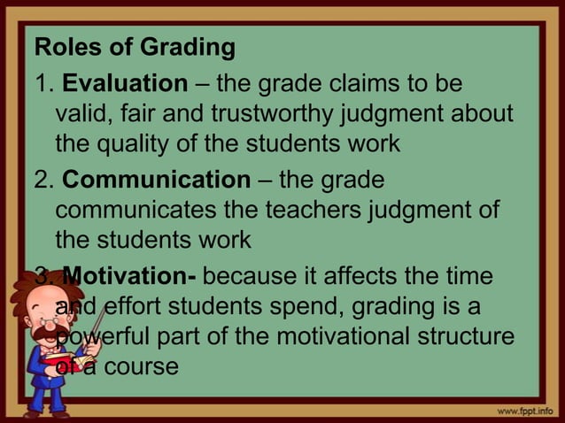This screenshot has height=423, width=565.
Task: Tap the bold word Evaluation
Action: [x=120, y=85]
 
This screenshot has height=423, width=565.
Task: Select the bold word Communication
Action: [x=157, y=180]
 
